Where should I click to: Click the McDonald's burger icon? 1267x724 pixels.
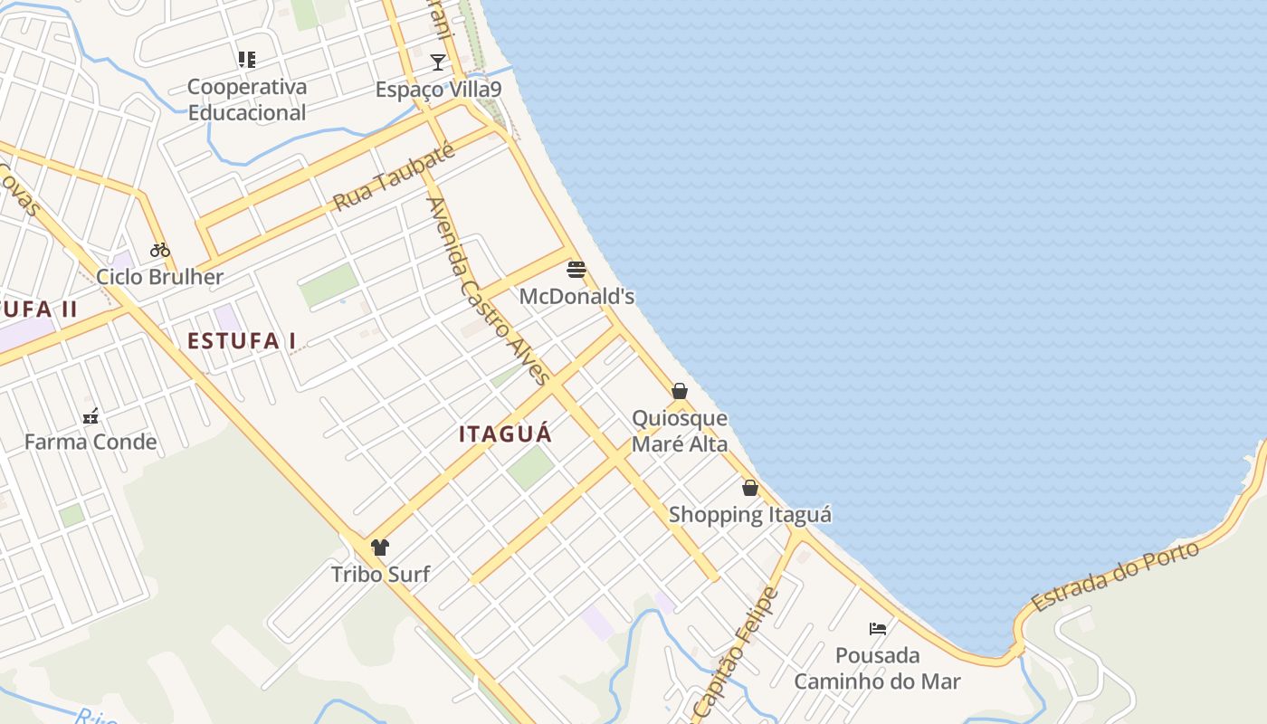point(576,270)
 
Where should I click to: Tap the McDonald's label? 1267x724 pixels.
point(576,297)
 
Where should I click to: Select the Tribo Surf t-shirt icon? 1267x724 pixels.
point(380,548)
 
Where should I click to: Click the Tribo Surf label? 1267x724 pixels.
point(380,575)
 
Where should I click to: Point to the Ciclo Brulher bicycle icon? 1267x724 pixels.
point(160,250)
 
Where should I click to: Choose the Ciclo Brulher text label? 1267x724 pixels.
point(160,277)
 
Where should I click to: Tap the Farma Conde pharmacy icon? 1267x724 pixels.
point(90,416)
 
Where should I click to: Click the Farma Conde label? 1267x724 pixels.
point(90,443)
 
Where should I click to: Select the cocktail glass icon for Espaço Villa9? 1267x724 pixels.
point(438,62)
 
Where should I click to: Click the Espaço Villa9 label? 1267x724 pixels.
point(438,90)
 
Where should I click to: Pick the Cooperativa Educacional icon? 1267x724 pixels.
point(246,60)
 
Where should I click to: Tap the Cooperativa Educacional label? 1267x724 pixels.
point(247,100)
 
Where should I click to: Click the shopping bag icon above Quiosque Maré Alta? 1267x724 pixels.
point(680,391)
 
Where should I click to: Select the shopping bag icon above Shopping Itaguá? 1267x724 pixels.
point(750,488)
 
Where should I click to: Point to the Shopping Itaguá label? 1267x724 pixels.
point(750,515)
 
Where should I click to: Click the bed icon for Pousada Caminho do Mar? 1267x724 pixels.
point(877,628)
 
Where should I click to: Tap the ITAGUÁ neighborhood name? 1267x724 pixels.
point(505,434)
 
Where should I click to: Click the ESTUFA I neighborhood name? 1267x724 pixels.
point(242,341)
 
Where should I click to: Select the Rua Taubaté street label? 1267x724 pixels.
point(393,177)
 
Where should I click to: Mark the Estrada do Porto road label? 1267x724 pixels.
point(1115,576)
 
